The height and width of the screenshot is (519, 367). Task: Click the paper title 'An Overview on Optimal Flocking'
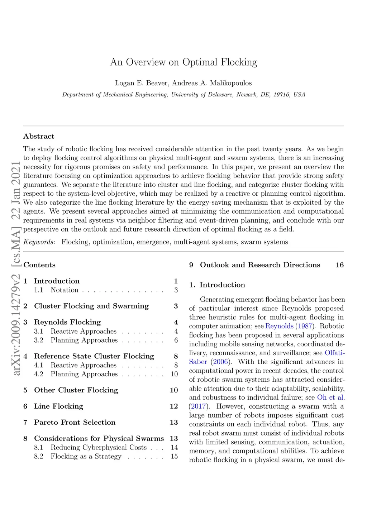pos(183,62)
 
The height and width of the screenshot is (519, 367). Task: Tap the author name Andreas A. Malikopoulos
pos(212,83)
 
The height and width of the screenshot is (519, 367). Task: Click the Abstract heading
pos(39,136)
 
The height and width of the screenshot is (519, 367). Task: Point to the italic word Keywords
pos(39,242)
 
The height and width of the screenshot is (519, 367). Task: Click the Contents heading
pos(39,265)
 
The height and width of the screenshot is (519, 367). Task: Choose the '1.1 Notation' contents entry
pos(64,290)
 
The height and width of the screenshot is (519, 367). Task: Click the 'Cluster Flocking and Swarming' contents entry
pos(91,306)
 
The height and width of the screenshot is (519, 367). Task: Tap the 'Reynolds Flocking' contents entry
pos(67,322)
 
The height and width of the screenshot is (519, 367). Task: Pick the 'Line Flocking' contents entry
pos(58,406)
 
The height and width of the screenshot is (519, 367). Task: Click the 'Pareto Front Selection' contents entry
pos(75,422)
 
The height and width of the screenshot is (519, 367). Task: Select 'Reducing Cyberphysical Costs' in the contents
pos(99,447)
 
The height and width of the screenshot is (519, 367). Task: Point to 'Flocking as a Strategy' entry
pos(86,456)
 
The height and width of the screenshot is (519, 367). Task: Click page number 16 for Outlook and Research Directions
pos(339,265)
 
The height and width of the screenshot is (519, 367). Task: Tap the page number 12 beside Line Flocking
pos(174,406)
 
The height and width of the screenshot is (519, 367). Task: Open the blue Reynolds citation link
pos(279,326)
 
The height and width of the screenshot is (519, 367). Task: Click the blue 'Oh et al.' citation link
pos(331,397)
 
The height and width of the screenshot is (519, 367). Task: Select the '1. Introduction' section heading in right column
pos(217,285)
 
